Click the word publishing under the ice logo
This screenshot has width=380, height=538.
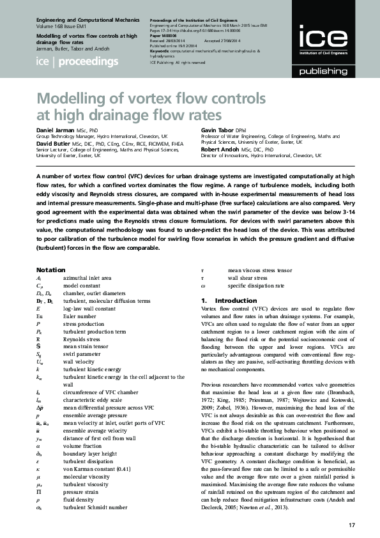pos(322,72)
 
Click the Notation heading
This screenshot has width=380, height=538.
pos(50,270)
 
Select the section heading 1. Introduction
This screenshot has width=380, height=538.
pos(220,300)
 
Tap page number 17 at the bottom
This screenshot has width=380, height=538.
pos(352,525)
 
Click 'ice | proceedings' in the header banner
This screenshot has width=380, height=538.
pos(77,61)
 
